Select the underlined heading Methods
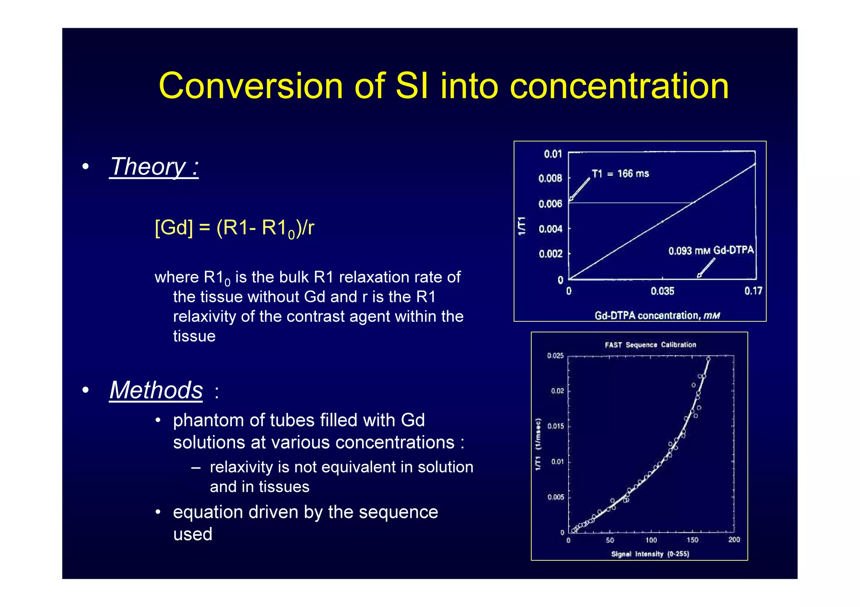(156, 390)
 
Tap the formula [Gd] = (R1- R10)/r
(234, 228)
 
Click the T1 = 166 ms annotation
(620, 174)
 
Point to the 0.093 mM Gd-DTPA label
(711, 251)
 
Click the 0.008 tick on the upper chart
(550, 179)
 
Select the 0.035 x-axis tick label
(662, 291)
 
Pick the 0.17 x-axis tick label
(753, 291)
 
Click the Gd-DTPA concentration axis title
(657, 315)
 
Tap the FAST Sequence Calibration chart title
(650, 345)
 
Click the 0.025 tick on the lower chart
(555, 356)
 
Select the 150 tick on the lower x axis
(692, 540)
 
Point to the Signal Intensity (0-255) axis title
(650, 554)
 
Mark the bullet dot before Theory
(86, 167)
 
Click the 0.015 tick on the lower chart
(555, 426)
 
